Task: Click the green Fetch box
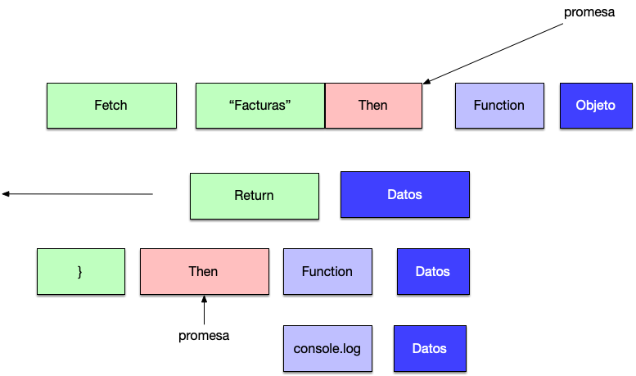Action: [x=111, y=106]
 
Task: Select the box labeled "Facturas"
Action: [x=260, y=106]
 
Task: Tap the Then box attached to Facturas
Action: [x=373, y=106]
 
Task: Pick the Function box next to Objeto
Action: [x=499, y=106]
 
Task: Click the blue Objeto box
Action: [x=596, y=106]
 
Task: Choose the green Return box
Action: [x=255, y=196]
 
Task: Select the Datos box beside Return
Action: [x=405, y=194]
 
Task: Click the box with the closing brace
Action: [x=81, y=271]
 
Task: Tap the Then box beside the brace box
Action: [x=205, y=271]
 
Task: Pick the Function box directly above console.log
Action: [x=327, y=271]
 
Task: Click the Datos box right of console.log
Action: [x=430, y=348]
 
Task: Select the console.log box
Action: [x=327, y=348]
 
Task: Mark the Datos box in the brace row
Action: [x=433, y=271]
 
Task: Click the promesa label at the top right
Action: [x=589, y=12]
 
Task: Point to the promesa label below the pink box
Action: [x=204, y=336]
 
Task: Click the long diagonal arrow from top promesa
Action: [x=493, y=53]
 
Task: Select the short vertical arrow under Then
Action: [x=204, y=310]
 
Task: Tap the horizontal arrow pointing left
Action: [x=78, y=194]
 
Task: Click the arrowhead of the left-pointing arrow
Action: [x=6, y=194]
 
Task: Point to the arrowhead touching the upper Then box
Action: [x=426, y=82]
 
